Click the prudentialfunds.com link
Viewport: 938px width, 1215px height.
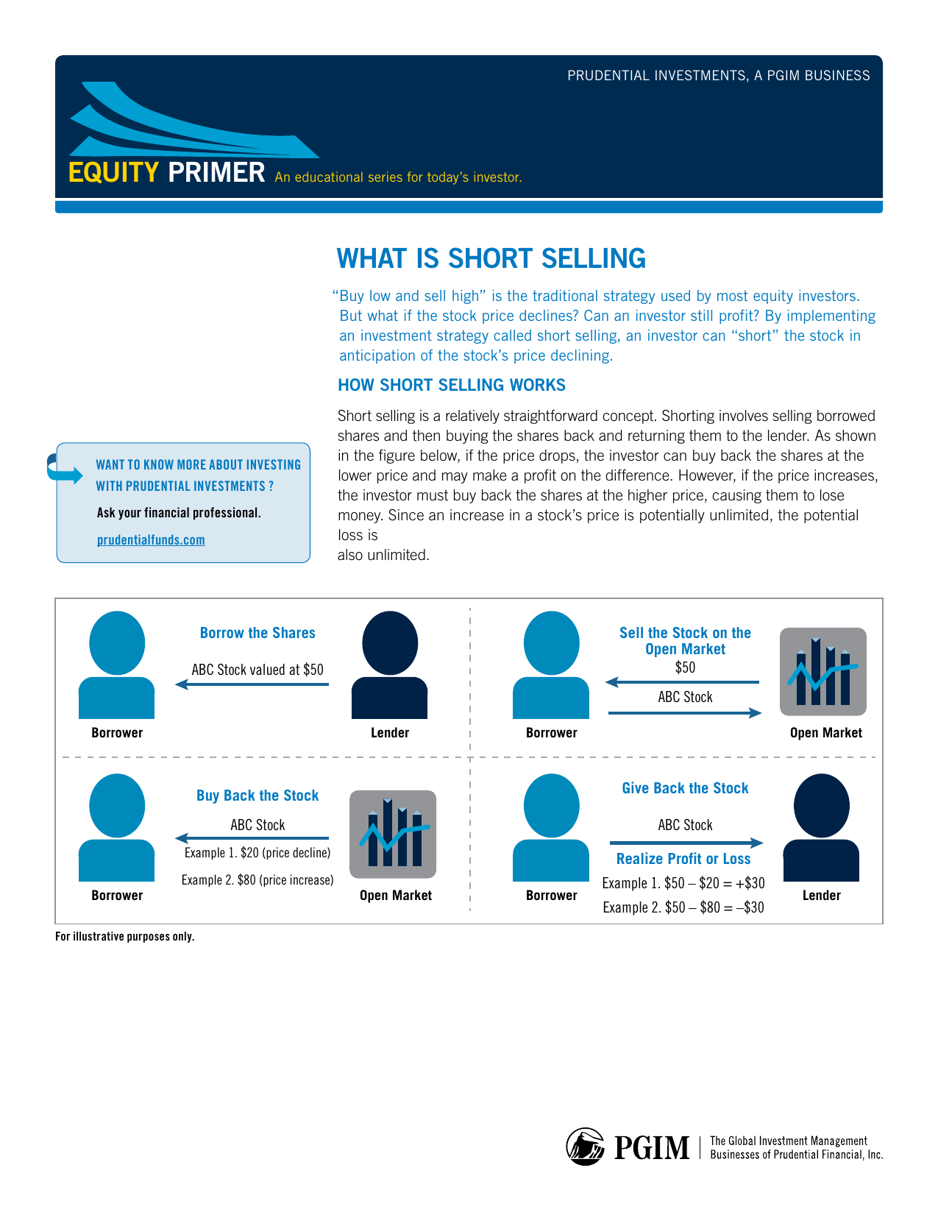point(151,540)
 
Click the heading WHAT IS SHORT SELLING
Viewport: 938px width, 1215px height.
point(491,259)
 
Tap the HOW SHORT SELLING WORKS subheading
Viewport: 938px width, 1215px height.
point(451,385)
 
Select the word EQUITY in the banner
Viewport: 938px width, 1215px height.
point(113,172)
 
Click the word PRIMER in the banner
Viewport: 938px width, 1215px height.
point(216,172)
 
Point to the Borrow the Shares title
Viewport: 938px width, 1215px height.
point(257,633)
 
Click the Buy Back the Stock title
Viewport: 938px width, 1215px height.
point(257,796)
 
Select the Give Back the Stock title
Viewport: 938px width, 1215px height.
point(685,788)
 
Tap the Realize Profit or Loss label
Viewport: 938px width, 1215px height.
point(683,859)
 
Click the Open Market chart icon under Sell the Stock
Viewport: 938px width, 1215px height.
point(822,672)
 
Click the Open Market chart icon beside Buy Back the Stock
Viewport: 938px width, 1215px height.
point(393,834)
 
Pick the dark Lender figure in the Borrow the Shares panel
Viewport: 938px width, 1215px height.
point(389,665)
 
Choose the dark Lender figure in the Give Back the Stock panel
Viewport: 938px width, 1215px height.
point(821,827)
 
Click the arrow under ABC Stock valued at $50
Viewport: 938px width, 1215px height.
point(252,684)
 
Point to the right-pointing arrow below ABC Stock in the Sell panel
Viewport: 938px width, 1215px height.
point(685,713)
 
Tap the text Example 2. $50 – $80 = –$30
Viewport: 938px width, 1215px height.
point(683,907)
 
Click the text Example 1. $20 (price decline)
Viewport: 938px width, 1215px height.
point(257,852)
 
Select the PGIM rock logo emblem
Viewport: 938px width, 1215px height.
point(585,1147)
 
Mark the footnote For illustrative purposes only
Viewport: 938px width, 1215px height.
point(125,937)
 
